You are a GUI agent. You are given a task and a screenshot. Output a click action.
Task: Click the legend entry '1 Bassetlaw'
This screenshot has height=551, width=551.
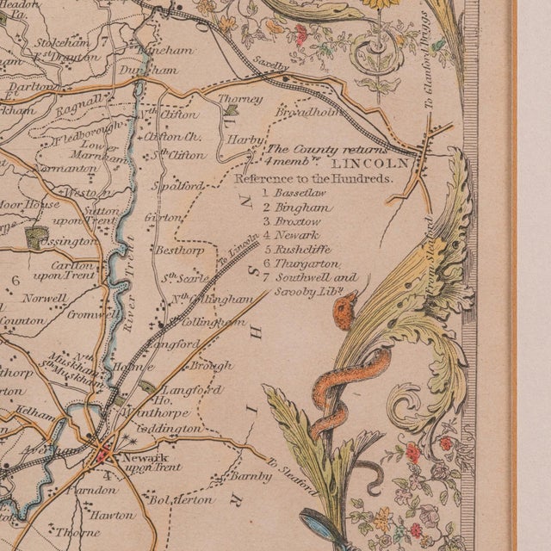point(297,195)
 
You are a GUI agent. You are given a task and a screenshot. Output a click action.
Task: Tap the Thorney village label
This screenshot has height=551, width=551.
point(240,100)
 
